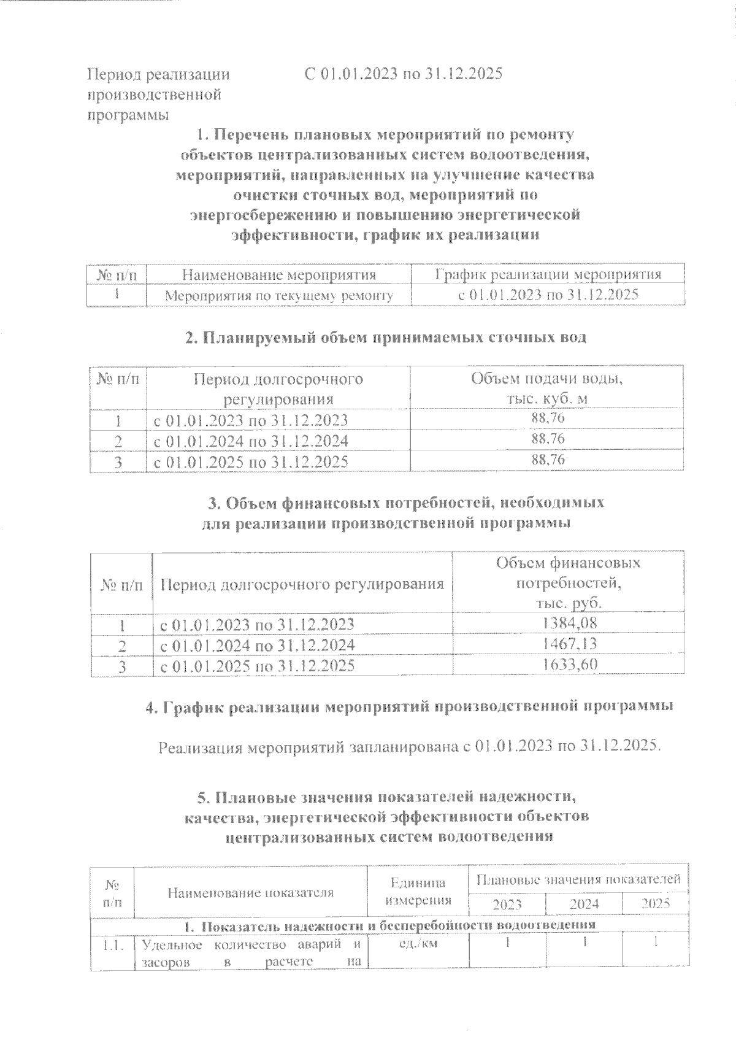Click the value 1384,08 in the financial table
pos(570,623)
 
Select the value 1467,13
pos(570,644)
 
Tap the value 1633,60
pos(570,664)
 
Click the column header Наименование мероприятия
pos(279,274)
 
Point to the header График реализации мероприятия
pos(548,274)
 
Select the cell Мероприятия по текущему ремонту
pos(279,295)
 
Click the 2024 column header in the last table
pos(584,903)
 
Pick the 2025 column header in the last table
pos(655,903)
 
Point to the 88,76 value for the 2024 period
pos(548,439)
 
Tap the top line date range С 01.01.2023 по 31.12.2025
pos(404,74)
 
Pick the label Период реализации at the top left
pos(159,75)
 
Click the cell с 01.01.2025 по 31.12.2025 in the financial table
pos(257,665)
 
